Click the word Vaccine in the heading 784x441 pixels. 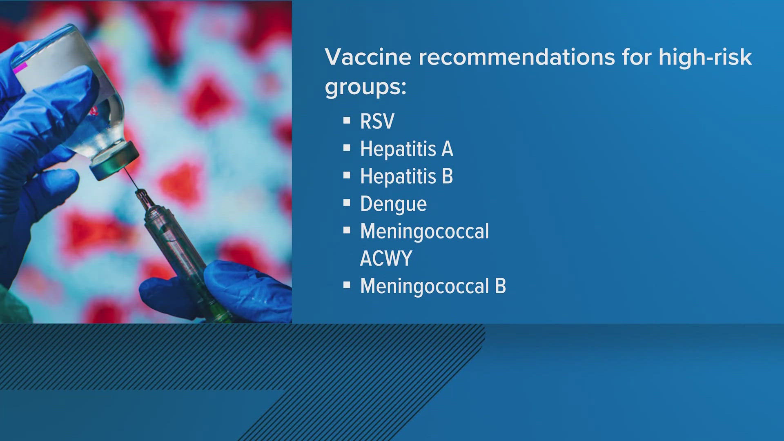click(x=368, y=57)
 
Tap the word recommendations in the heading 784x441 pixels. click(x=517, y=57)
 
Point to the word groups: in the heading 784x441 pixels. click(x=365, y=87)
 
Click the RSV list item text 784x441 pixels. click(x=377, y=121)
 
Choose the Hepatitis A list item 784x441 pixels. click(x=406, y=149)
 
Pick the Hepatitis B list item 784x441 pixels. click(x=406, y=176)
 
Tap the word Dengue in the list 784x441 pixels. click(x=393, y=204)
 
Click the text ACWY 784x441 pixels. click(x=386, y=258)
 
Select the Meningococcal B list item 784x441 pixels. click(x=433, y=286)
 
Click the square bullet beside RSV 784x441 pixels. click(x=347, y=120)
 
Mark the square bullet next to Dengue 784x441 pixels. click(x=347, y=203)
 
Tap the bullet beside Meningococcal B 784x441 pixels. click(x=347, y=285)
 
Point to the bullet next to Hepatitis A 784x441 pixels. click(x=347, y=148)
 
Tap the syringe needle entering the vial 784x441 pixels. click(x=133, y=180)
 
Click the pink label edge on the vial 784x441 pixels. click(x=19, y=68)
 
